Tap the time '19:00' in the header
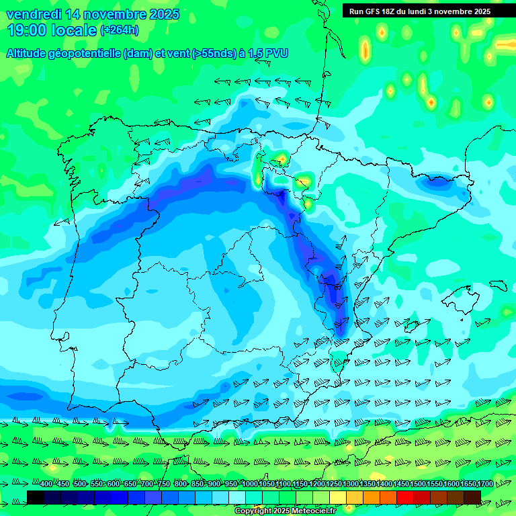coord(27,30)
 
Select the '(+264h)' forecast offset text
coord(120,30)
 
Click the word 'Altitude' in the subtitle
coord(30,53)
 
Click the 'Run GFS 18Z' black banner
coord(420,11)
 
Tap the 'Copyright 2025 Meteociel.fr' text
coord(285,511)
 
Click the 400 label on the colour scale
coord(46,484)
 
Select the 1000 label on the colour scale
coord(249,484)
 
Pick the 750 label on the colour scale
coord(163,484)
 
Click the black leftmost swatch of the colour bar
coord(36,497)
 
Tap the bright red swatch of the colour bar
coord(405,497)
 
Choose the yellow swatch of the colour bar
coord(338,497)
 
